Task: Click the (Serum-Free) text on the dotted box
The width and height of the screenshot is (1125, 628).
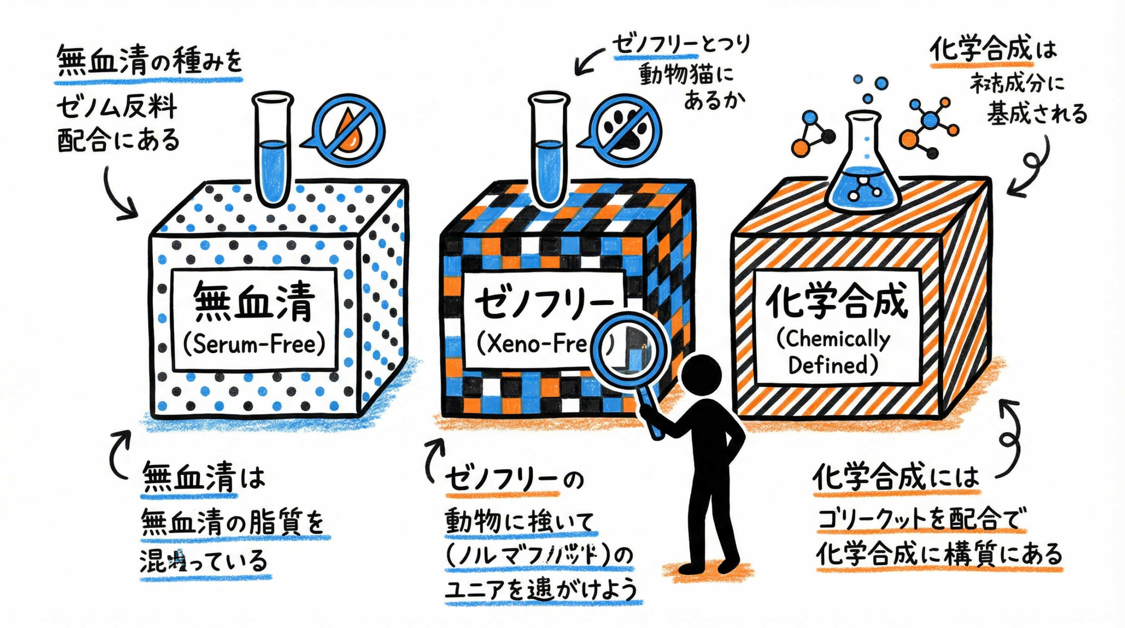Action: [254, 344]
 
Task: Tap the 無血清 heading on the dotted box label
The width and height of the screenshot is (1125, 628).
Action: [254, 303]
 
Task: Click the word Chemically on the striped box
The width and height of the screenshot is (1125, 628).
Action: [833, 339]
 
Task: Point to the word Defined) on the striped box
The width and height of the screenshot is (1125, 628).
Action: [833, 365]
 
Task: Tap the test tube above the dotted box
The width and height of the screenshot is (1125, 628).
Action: [273, 149]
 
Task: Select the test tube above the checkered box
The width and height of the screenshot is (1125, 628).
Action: [549, 149]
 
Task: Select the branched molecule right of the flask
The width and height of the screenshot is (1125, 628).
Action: [927, 127]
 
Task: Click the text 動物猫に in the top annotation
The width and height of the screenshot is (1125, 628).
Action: [686, 75]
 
